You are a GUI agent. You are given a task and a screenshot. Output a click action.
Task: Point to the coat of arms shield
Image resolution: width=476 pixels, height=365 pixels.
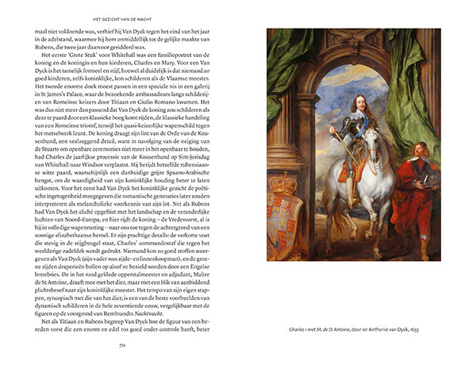281,218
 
